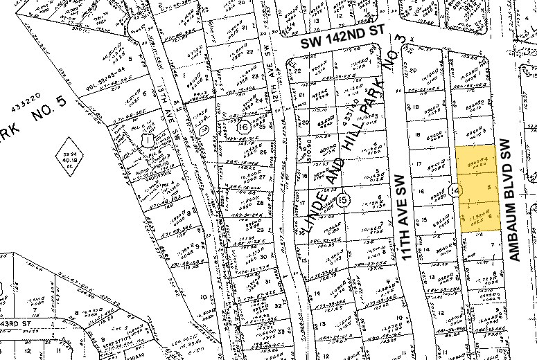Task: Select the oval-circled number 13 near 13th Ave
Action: point(203,129)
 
